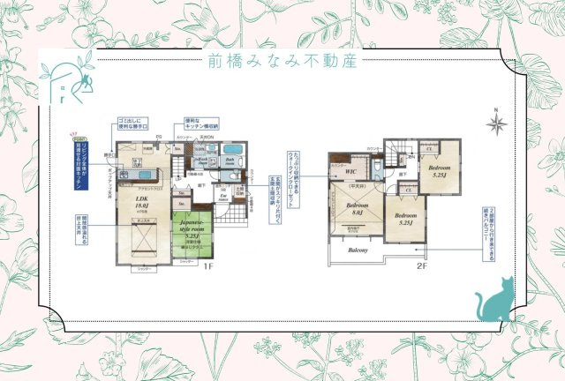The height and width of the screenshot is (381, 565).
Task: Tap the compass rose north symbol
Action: click(496, 123)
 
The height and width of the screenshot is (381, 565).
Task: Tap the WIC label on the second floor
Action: click(350, 172)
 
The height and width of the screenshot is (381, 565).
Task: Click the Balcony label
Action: click(357, 250)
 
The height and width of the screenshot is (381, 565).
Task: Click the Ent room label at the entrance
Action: click(224, 198)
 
